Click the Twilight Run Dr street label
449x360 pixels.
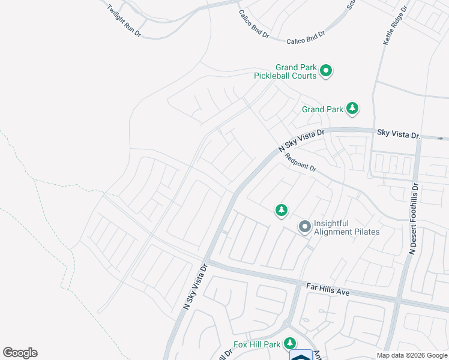coord(124,21)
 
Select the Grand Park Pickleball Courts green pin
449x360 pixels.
coord(326,71)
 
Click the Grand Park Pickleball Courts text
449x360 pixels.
coord(285,72)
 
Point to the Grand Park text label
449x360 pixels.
coord(322,109)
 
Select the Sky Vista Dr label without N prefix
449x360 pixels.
coord(399,133)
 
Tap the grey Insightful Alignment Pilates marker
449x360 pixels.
coord(305,227)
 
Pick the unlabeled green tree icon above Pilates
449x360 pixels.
coord(281,210)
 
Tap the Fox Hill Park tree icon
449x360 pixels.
coord(290,343)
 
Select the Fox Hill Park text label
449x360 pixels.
coord(257,344)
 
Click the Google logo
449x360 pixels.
coord(20,353)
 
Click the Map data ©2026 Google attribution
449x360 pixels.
coord(412,355)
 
